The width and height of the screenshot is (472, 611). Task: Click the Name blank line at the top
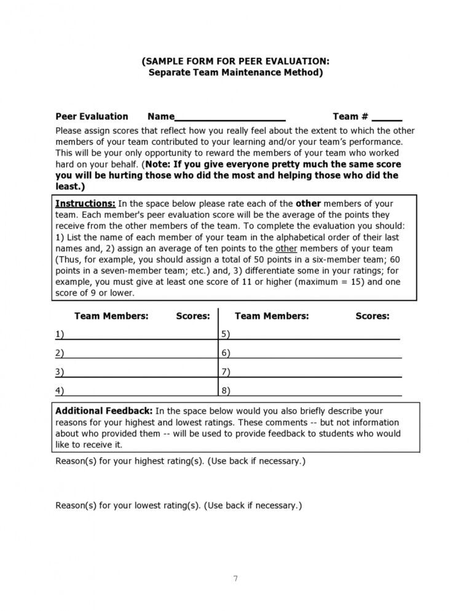click(x=230, y=117)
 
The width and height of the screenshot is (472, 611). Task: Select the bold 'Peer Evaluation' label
click(x=92, y=116)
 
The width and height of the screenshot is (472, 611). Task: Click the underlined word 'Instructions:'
click(x=85, y=203)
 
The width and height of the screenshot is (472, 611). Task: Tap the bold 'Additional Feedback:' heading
click(x=104, y=411)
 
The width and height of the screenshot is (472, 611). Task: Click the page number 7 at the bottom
click(x=235, y=578)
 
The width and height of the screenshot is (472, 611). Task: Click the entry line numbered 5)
click(x=313, y=334)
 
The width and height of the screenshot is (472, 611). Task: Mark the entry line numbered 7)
click(x=313, y=372)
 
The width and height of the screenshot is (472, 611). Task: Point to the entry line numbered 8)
click(x=313, y=390)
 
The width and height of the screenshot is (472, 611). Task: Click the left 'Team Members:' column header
click(x=111, y=316)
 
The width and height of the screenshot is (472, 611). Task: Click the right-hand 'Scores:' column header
click(x=372, y=316)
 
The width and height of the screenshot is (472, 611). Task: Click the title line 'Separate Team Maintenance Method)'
click(x=235, y=73)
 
